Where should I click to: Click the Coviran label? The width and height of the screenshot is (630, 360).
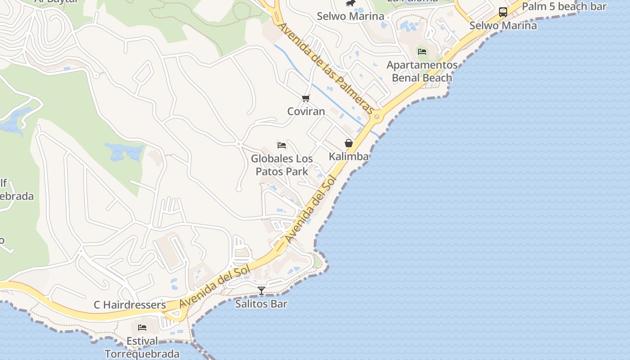pos(306,111)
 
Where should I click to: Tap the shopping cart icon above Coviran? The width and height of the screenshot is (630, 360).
pos(306,98)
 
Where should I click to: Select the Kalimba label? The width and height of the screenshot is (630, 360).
pos(349,157)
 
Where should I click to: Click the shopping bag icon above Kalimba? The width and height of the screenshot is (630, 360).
pos(349,143)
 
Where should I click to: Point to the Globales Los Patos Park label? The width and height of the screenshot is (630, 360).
pos(282,165)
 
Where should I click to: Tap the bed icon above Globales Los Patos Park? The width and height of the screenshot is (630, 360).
pos(282,145)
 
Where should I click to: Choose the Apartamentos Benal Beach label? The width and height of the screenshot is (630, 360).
pos(422,72)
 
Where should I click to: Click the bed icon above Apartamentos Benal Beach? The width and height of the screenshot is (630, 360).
pos(422,51)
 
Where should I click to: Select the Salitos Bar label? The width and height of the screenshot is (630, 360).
pos(261,304)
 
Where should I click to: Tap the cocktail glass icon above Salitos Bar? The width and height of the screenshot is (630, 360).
pos(261,291)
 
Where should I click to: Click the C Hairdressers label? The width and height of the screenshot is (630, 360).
pos(130,305)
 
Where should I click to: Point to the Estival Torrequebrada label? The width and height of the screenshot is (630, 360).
pos(142,347)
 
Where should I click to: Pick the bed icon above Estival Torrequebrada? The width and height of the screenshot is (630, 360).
pos(142,328)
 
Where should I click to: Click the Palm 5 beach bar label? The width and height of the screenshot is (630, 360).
pos(564,6)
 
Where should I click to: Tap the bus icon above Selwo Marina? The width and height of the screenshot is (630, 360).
pos(503,12)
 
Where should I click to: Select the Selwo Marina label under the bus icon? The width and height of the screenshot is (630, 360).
pos(503,26)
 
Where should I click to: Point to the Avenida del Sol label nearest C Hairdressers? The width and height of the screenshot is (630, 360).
pos(215,286)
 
